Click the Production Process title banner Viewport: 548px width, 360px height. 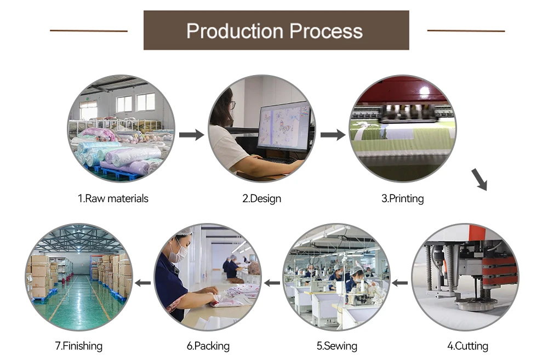(x=276, y=30)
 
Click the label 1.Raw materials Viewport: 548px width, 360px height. (x=113, y=198)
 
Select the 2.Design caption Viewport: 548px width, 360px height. (x=261, y=198)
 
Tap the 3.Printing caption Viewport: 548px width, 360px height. (x=402, y=198)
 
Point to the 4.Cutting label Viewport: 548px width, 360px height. (x=467, y=346)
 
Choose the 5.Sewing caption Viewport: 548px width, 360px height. (x=336, y=346)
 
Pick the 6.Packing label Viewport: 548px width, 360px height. (x=208, y=346)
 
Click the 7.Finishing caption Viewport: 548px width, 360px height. (x=78, y=346)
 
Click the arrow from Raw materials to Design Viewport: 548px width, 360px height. (x=191, y=135)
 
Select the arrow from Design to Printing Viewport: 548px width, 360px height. (x=333, y=135)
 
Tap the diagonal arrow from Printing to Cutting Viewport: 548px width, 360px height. (x=479, y=179)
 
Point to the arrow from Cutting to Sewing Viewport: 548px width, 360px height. (x=400, y=283)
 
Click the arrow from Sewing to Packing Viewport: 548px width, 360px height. (x=272, y=283)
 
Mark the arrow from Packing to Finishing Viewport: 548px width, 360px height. (x=143, y=283)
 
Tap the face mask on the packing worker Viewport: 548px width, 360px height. (x=177, y=255)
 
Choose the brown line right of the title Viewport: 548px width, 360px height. (x=466, y=31)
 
